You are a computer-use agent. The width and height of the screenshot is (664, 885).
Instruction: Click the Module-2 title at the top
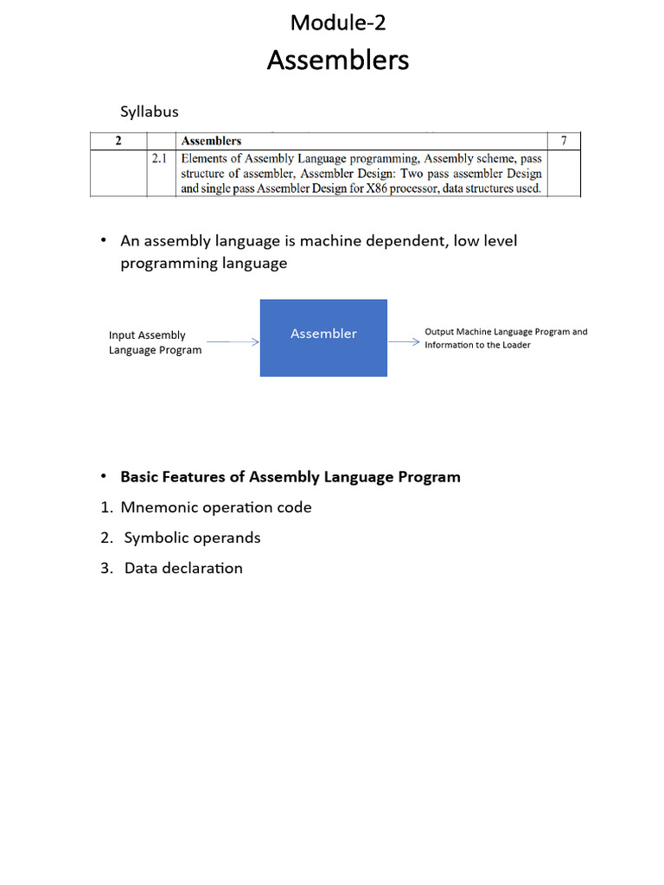[337, 22]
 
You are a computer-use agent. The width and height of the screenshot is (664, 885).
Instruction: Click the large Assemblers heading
[337, 60]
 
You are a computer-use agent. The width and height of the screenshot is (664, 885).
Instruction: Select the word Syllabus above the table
[149, 111]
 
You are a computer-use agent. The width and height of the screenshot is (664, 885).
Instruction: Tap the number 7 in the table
[564, 141]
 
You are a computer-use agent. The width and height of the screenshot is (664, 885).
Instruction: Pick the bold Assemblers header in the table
[211, 141]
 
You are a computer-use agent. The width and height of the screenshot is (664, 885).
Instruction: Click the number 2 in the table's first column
[118, 141]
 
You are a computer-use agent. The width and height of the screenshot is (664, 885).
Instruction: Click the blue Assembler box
[323, 337]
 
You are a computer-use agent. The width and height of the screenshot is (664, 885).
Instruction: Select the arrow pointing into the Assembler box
[233, 342]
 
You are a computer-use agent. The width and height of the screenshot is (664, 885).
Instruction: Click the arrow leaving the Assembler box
[404, 341]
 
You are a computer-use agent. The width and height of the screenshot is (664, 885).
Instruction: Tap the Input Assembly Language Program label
[155, 342]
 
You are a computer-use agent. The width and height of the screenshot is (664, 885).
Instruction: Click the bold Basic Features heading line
[290, 477]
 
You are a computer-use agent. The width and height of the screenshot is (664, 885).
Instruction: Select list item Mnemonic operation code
[215, 507]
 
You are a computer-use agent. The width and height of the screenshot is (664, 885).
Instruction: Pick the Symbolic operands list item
[191, 538]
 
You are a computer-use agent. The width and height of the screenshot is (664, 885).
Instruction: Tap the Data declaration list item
[182, 568]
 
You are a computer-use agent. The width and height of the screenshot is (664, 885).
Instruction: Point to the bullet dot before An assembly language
[103, 240]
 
